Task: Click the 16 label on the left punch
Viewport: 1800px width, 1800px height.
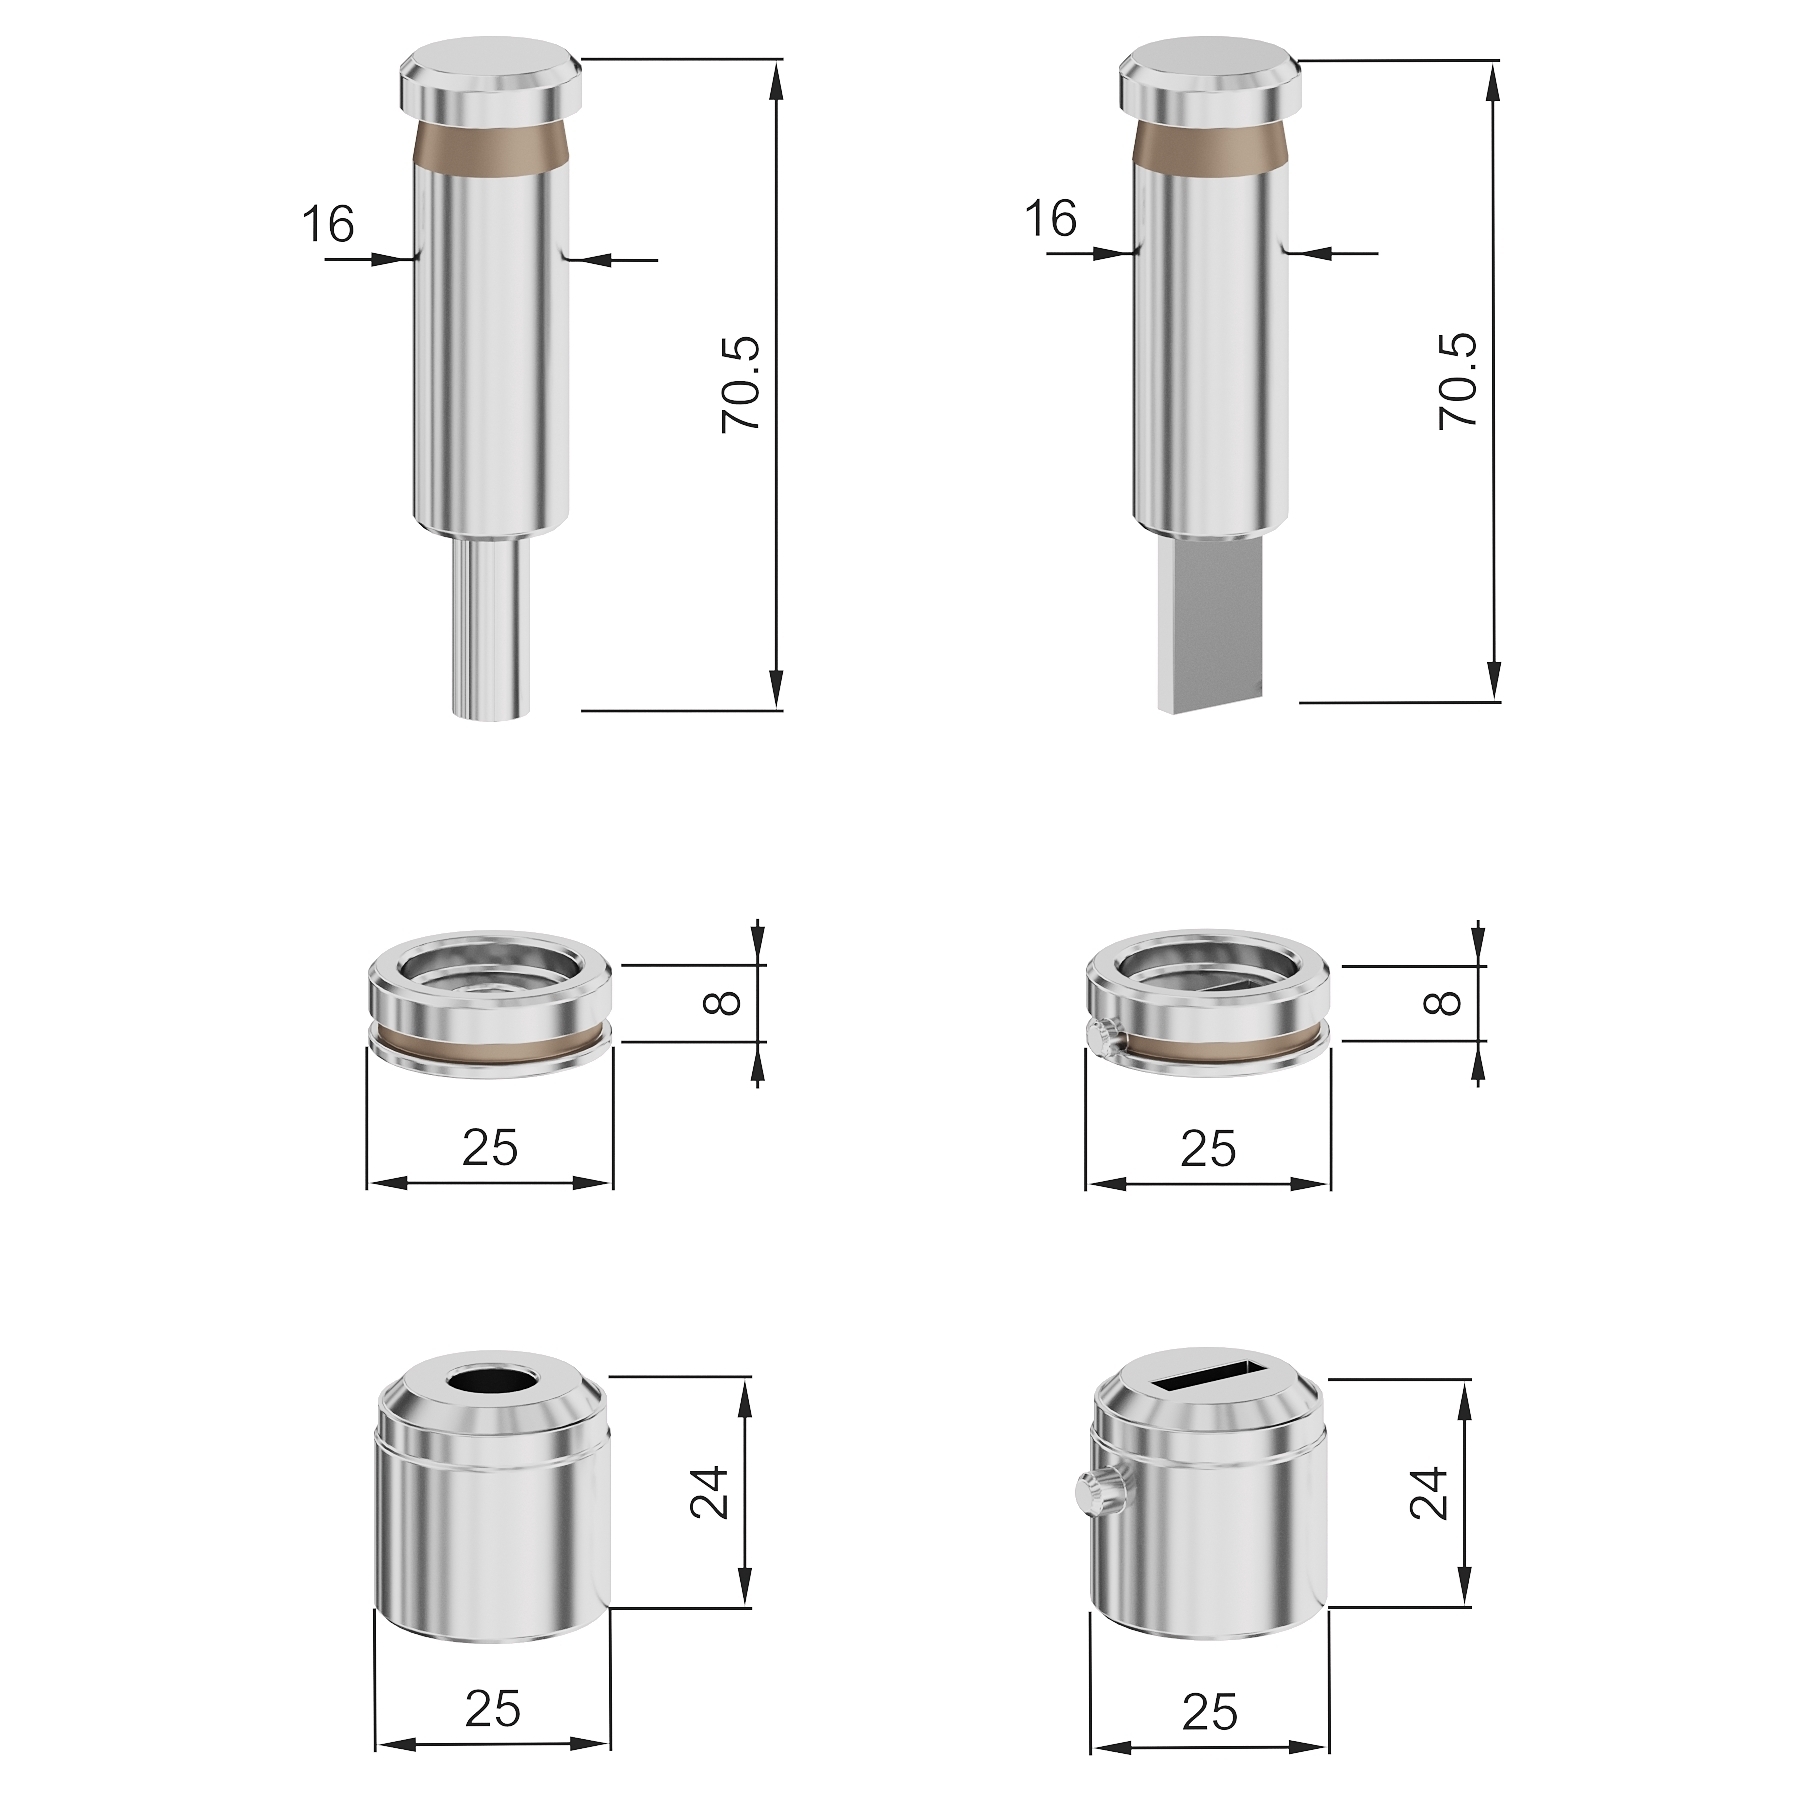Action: click(x=328, y=224)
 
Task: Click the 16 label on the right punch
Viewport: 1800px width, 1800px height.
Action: click(x=1050, y=219)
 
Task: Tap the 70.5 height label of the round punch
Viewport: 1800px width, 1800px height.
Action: click(x=742, y=385)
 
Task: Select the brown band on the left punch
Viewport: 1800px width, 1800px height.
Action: click(x=491, y=148)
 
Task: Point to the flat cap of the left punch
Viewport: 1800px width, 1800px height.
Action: click(x=491, y=76)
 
